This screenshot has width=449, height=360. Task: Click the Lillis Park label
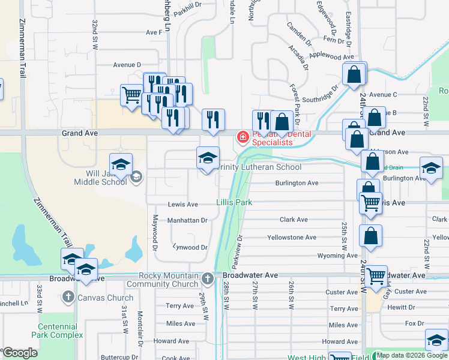coord(234,203)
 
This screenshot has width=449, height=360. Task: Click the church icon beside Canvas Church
coord(68,298)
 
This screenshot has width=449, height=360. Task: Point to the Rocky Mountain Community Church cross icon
coord(207,278)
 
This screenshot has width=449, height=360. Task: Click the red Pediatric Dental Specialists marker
coord(243,138)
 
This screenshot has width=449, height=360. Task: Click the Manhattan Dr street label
coord(187,221)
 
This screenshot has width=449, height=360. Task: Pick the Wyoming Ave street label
coord(320,256)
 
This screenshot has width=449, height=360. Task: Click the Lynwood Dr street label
coord(190,247)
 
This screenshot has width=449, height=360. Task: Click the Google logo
coord(20,353)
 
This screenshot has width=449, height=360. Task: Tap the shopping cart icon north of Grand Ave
coord(131,94)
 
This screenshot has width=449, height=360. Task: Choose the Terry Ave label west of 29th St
coord(180,306)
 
